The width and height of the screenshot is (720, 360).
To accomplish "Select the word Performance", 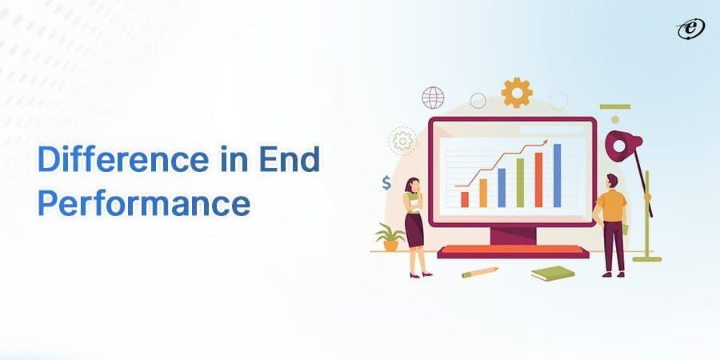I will pyautogui.click(x=144, y=204).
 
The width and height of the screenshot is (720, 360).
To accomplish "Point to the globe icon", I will pyautogui.click(x=433, y=98).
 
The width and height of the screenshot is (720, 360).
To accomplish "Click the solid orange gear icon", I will pyautogui.click(x=517, y=93).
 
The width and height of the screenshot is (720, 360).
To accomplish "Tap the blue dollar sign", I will pyautogui.click(x=387, y=183).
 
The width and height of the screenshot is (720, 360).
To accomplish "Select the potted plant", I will pyautogui.click(x=390, y=238).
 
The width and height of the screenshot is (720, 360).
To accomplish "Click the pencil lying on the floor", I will pyautogui.click(x=480, y=272).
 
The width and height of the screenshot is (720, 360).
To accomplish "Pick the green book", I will pyautogui.click(x=553, y=274).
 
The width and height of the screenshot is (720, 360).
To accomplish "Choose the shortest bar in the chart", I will pyautogui.click(x=465, y=199).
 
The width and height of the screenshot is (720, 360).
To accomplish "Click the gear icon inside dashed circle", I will pyautogui.click(x=402, y=140).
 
